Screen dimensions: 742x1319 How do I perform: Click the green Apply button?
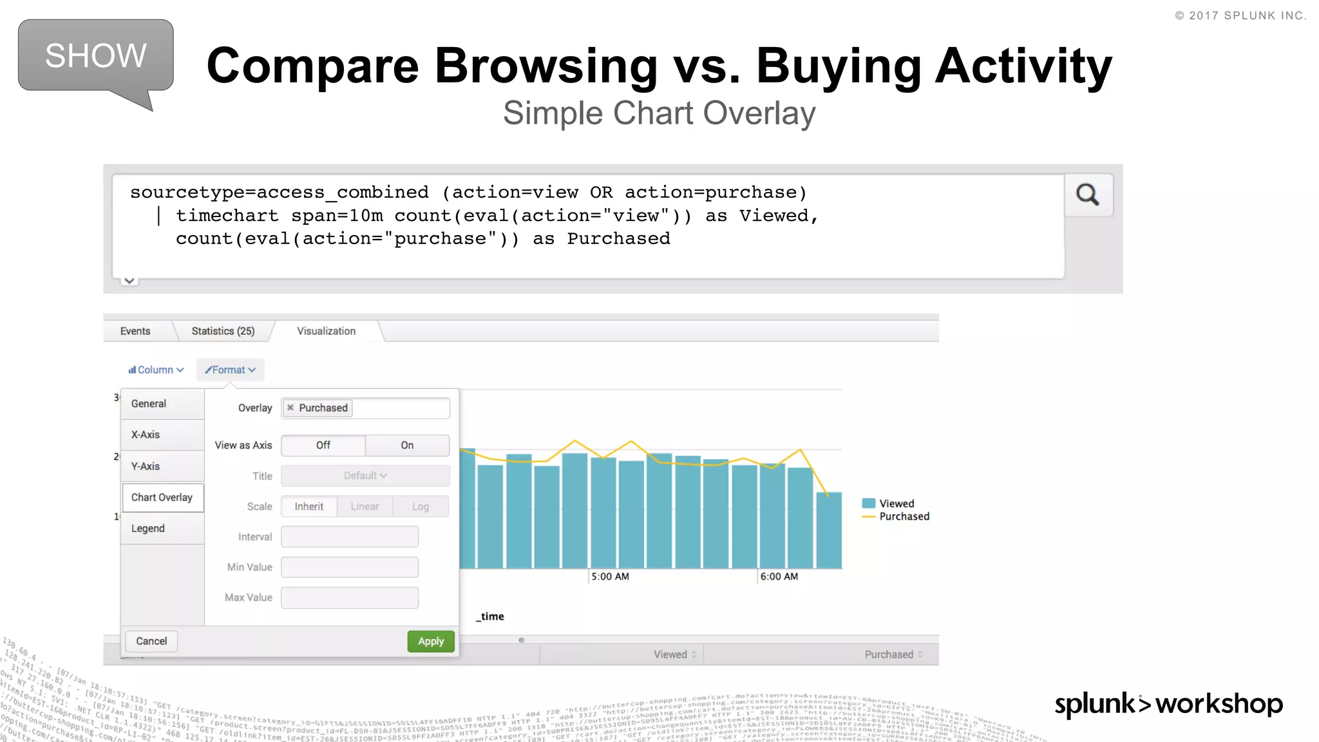[431, 641]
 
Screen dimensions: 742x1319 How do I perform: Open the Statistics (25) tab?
[223, 331]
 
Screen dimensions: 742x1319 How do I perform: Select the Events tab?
[135, 331]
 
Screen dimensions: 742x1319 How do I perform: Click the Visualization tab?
[326, 331]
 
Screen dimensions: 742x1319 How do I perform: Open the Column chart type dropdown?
[156, 370]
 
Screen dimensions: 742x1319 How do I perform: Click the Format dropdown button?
[231, 370]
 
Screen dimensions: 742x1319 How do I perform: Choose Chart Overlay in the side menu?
[162, 497]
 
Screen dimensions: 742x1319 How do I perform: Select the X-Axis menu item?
[146, 435]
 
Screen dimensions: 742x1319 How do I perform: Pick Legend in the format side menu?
[148, 528]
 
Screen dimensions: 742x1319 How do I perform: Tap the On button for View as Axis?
[407, 445]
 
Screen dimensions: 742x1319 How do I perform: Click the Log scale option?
[421, 506]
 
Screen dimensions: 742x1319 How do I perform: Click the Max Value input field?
[350, 598]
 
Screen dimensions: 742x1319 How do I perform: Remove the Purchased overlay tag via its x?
[290, 408]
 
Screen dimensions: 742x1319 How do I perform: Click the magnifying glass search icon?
[1088, 195]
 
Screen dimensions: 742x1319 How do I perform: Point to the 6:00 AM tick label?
[779, 576]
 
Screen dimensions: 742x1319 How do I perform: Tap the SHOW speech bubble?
[96, 56]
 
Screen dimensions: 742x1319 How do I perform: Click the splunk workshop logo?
[1168, 704]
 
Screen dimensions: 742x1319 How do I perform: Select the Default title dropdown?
[365, 475]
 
